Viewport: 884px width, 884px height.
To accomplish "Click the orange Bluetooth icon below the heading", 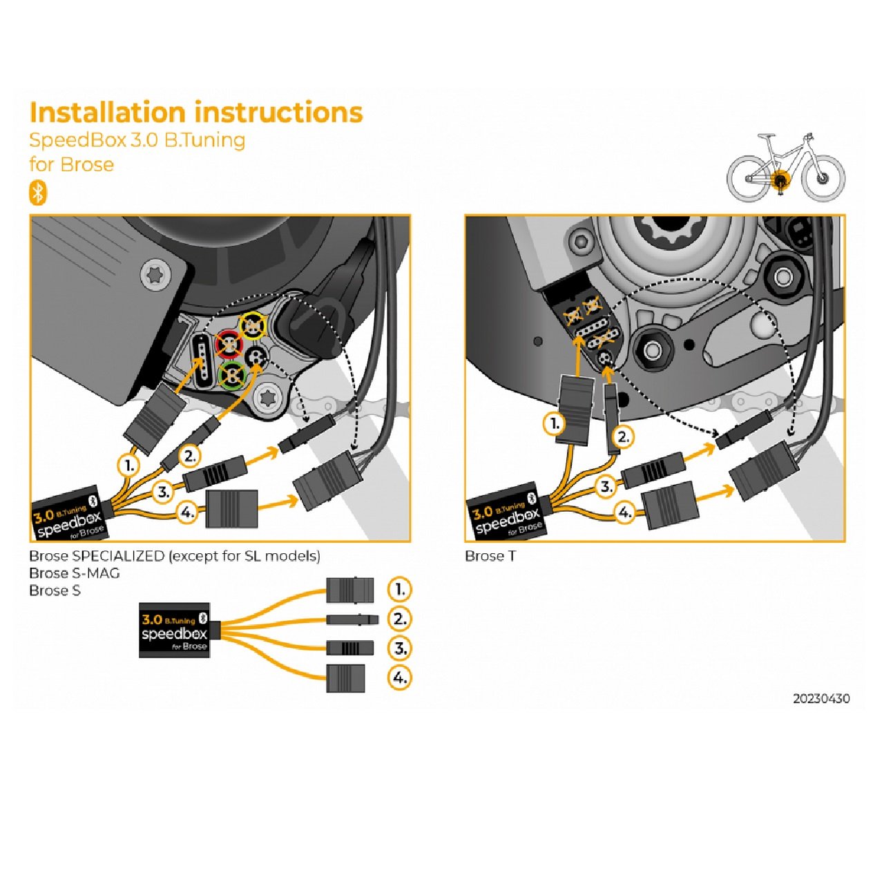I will click(x=37, y=193).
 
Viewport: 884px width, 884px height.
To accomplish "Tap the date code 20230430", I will click(x=821, y=698).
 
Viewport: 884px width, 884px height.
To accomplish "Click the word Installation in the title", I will click(x=108, y=113).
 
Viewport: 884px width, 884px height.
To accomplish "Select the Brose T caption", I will click(x=490, y=556).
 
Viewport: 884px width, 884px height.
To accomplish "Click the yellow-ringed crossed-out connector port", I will click(x=253, y=324).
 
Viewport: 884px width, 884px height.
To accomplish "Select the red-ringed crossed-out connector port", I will click(x=229, y=343).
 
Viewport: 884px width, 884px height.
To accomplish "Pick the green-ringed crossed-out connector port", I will click(x=233, y=375).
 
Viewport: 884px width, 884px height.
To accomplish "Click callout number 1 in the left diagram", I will click(x=128, y=465).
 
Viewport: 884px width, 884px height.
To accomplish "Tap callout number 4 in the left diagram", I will click(x=187, y=512).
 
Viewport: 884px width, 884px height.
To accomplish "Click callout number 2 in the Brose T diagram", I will click(x=623, y=436).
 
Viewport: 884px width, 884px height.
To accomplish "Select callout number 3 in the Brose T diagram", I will click(x=606, y=486).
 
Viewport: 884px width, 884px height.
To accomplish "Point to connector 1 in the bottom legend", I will click(x=350, y=590).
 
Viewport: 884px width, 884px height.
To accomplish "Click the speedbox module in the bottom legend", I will click(x=174, y=633).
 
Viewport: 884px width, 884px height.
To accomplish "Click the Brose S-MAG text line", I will click(x=74, y=573).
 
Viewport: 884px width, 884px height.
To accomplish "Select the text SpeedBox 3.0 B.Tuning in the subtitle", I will click(x=137, y=140).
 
